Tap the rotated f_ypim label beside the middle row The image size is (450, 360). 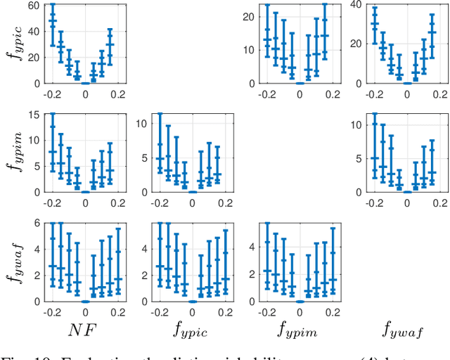pos(15,150)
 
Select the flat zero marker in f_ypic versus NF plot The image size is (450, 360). pos(85,83)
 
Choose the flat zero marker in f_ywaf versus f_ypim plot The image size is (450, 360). pos(300,300)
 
